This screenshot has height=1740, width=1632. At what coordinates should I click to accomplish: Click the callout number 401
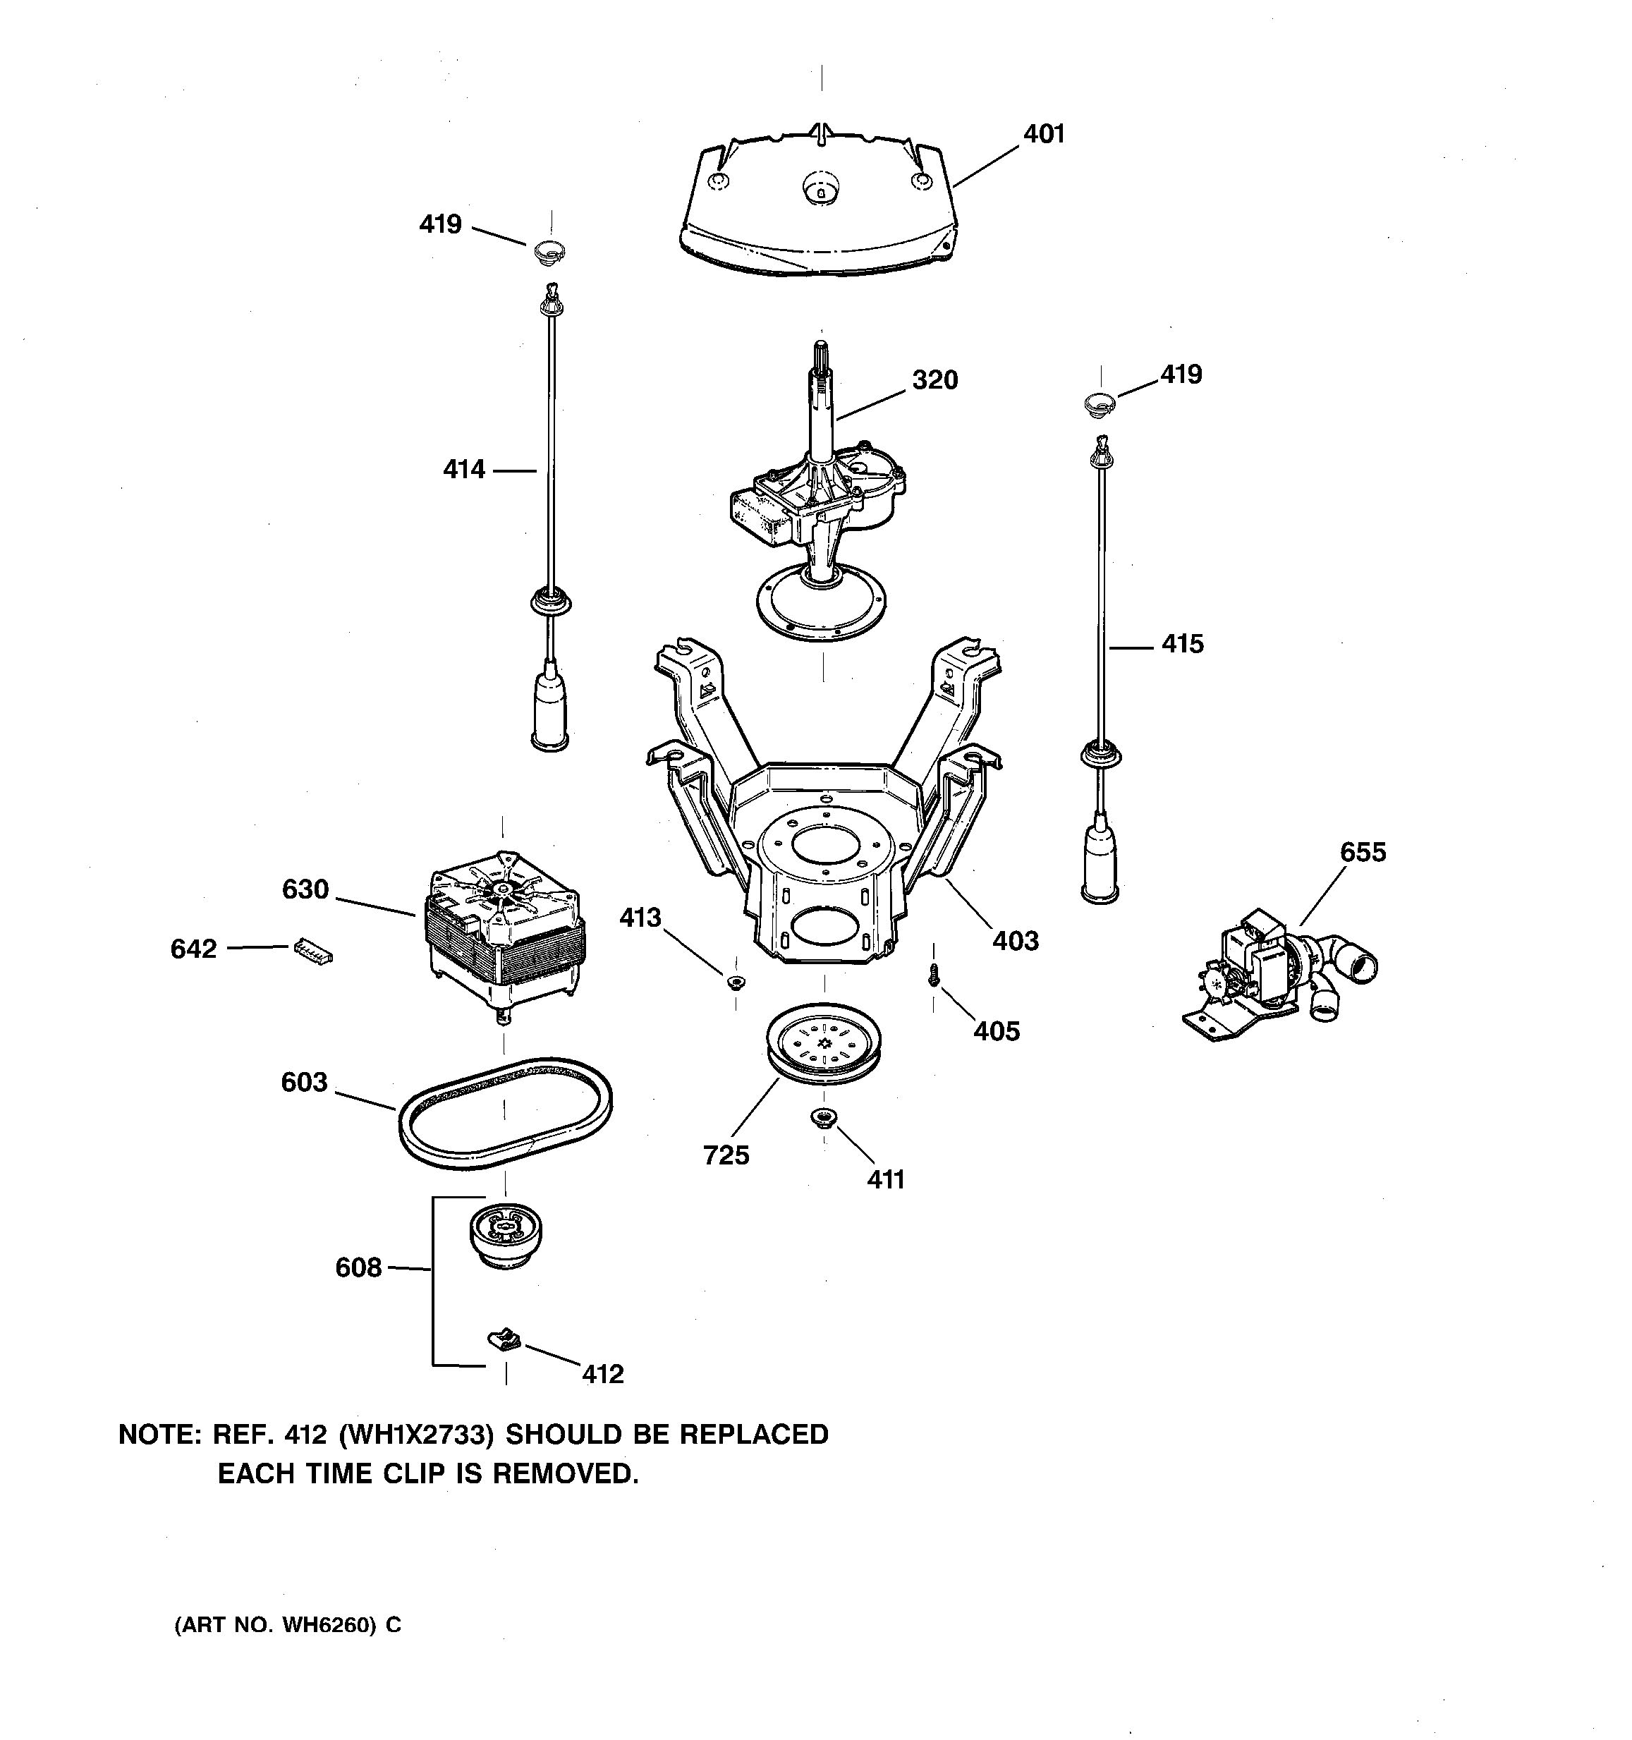tap(1044, 134)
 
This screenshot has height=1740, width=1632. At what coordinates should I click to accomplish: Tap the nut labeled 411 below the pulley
tap(824, 1118)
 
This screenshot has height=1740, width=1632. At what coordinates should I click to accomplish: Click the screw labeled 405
tap(934, 974)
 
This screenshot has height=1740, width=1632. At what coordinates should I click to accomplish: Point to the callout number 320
tap(934, 380)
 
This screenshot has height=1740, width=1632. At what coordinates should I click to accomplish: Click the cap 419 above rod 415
tap(1098, 403)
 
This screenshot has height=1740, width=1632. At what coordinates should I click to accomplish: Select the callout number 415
tap(1182, 644)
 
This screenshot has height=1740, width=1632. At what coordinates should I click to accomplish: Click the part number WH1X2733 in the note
tap(413, 1435)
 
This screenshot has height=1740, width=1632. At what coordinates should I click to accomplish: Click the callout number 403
tap(1015, 941)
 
